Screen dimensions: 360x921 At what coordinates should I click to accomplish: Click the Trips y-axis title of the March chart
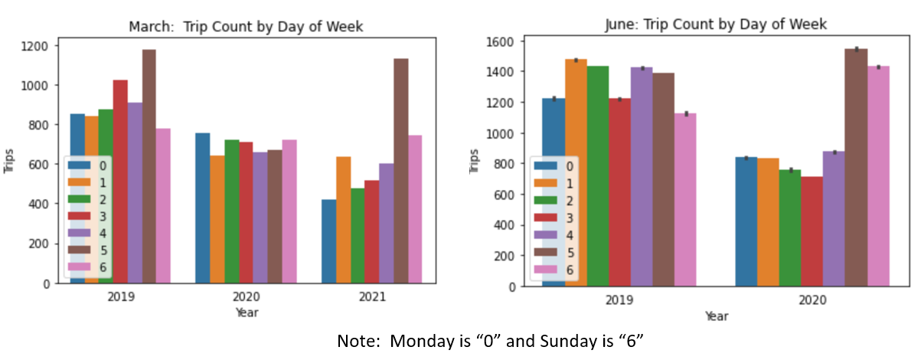9,164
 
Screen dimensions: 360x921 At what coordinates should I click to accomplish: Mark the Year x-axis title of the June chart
716,316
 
